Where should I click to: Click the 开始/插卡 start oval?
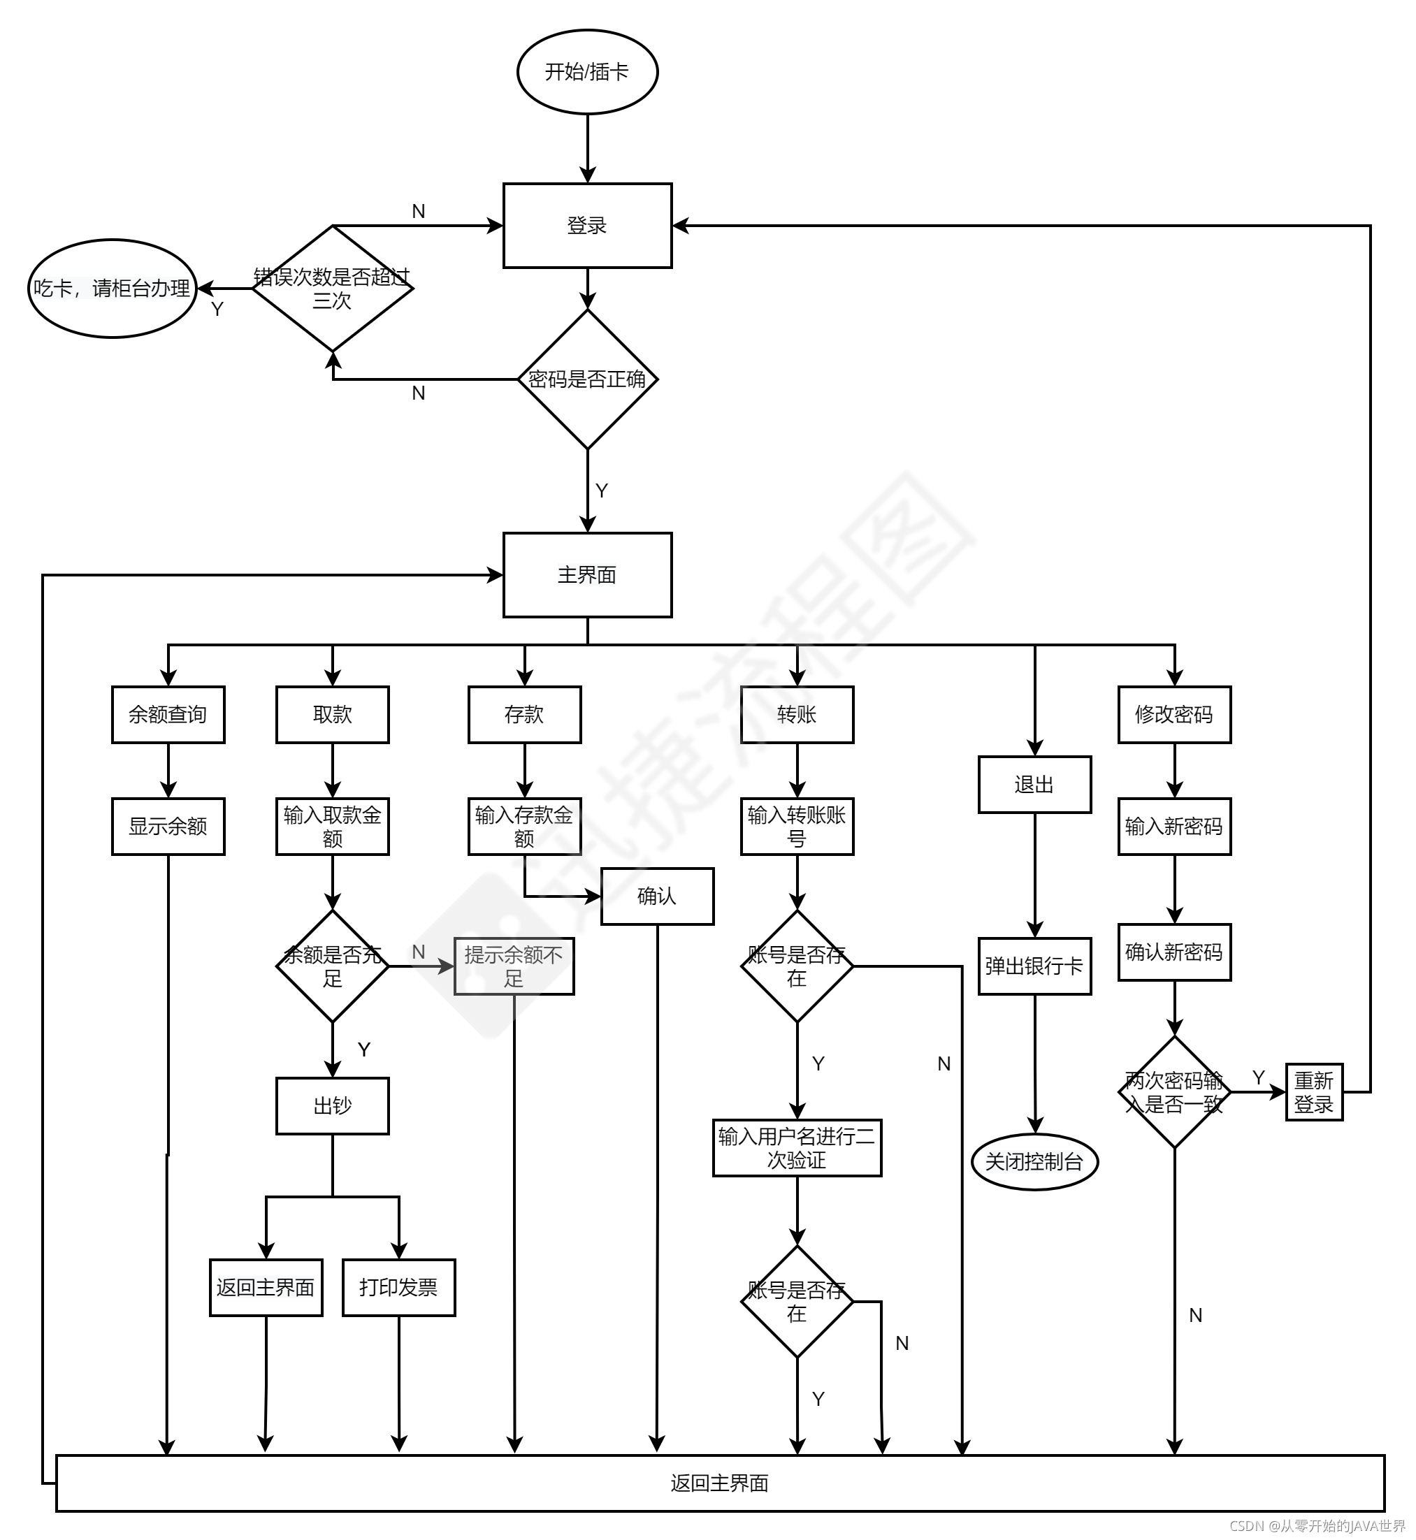coord(587,72)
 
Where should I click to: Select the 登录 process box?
coord(587,225)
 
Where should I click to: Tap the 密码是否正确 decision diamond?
coord(587,379)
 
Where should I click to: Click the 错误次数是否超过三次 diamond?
coord(333,289)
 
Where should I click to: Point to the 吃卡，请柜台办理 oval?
coord(113,289)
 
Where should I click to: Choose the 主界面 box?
coord(587,574)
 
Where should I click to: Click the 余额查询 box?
coord(168,715)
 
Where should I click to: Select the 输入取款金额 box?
coord(333,827)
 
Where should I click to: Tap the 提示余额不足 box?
coord(514,966)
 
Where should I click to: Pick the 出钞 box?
coord(333,1105)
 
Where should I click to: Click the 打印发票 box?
coord(398,1288)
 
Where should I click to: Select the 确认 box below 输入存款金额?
coord(657,896)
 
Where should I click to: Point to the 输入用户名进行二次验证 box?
coord(797,1148)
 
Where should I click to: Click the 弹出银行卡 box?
coord(1034,966)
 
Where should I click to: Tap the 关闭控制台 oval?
coord(1034,1162)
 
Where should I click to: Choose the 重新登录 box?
coord(1314,1092)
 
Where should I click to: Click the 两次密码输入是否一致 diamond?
coord(1174,1092)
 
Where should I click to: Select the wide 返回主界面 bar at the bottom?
coord(721,1483)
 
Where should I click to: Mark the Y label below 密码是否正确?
coord(602,491)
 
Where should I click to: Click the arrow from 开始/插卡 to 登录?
coord(588,149)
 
